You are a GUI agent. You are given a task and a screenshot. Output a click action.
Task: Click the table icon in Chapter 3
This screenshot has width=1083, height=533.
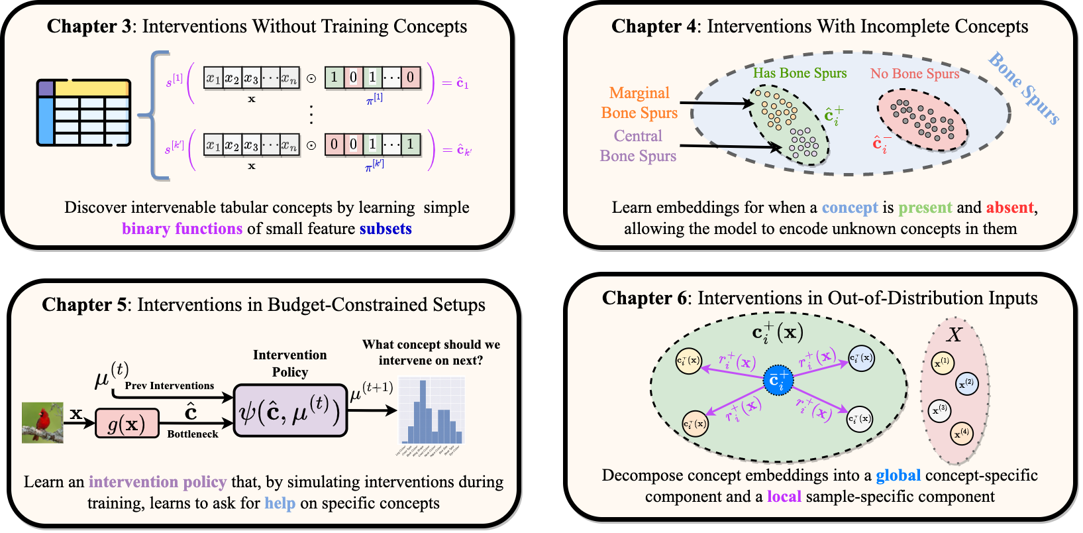click(83, 113)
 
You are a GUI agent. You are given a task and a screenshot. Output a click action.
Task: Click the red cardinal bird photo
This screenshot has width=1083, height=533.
click(42, 422)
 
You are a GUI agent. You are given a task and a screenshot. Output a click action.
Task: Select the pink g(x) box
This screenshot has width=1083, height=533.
click(127, 424)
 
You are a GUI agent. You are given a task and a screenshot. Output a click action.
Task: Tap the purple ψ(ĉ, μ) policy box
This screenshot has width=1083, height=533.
click(290, 411)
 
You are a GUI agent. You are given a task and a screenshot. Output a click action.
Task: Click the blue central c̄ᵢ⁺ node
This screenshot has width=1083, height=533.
click(778, 380)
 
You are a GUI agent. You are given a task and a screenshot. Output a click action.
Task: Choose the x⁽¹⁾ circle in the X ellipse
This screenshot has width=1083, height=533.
click(942, 363)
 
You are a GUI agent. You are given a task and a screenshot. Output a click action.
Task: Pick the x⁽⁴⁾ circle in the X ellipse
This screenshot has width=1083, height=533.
click(962, 434)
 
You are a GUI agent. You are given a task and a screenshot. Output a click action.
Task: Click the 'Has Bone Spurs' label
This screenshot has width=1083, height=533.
click(799, 73)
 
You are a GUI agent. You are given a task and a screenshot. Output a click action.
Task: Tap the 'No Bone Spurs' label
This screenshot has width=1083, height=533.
click(914, 74)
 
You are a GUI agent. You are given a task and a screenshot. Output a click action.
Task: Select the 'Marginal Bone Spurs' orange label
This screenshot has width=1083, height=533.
click(639, 103)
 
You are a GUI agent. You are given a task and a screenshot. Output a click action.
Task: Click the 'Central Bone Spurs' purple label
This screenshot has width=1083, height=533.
click(638, 146)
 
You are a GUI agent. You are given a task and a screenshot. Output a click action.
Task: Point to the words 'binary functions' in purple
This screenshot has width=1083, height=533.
click(182, 229)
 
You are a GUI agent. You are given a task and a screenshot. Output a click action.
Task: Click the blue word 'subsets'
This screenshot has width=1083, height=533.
click(386, 229)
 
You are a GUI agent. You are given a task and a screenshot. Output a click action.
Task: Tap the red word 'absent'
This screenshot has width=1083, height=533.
click(1009, 207)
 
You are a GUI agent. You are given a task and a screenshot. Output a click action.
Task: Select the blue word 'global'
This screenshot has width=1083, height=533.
click(898, 475)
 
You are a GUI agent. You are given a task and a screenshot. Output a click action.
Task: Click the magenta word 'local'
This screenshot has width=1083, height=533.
click(784, 497)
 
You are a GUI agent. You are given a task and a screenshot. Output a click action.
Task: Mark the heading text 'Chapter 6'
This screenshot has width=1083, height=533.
click(644, 298)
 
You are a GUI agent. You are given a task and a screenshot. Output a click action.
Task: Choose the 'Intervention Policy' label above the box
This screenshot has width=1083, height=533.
click(290, 363)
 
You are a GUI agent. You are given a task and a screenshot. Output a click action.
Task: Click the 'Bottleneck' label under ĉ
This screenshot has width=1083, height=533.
click(193, 434)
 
